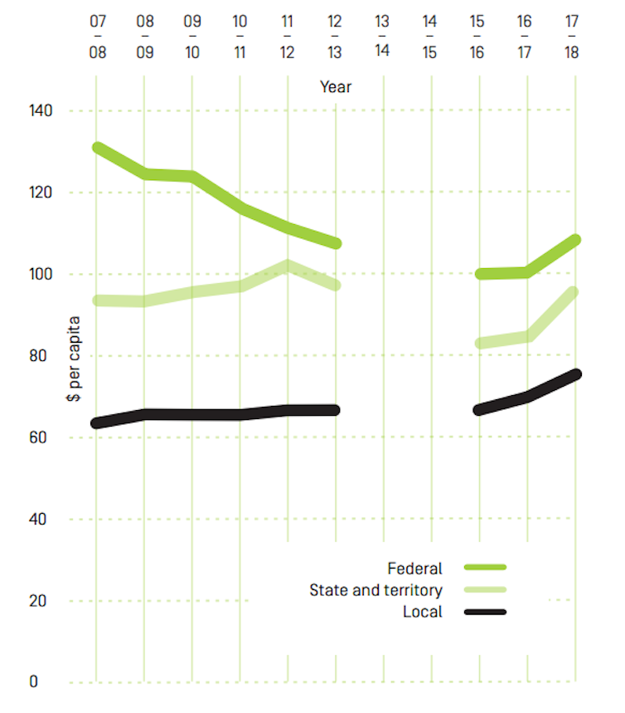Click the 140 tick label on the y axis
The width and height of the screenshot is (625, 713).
[x=41, y=111]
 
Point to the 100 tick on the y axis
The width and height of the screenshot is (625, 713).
[x=41, y=275]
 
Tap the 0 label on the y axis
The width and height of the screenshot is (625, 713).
[x=34, y=681]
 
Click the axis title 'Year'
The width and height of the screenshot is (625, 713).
[x=336, y=87]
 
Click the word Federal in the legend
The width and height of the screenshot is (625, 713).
[x=414, y=569]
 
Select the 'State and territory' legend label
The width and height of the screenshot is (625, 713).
[x=375, y=590]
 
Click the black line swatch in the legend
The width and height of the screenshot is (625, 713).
[x=485, y=612]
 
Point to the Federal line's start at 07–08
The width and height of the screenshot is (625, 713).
[x=98, y=148]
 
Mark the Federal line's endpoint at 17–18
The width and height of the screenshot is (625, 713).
[x=574, y=240]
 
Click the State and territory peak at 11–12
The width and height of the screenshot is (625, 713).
[x=288, y=266]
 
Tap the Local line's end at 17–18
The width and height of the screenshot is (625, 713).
[x=574, y=374]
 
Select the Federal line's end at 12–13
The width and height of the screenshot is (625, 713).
[x=335, y=243]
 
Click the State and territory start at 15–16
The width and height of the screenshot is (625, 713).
[x=480, y=343]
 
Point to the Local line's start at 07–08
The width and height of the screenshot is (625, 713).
[x=98, y=422]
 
